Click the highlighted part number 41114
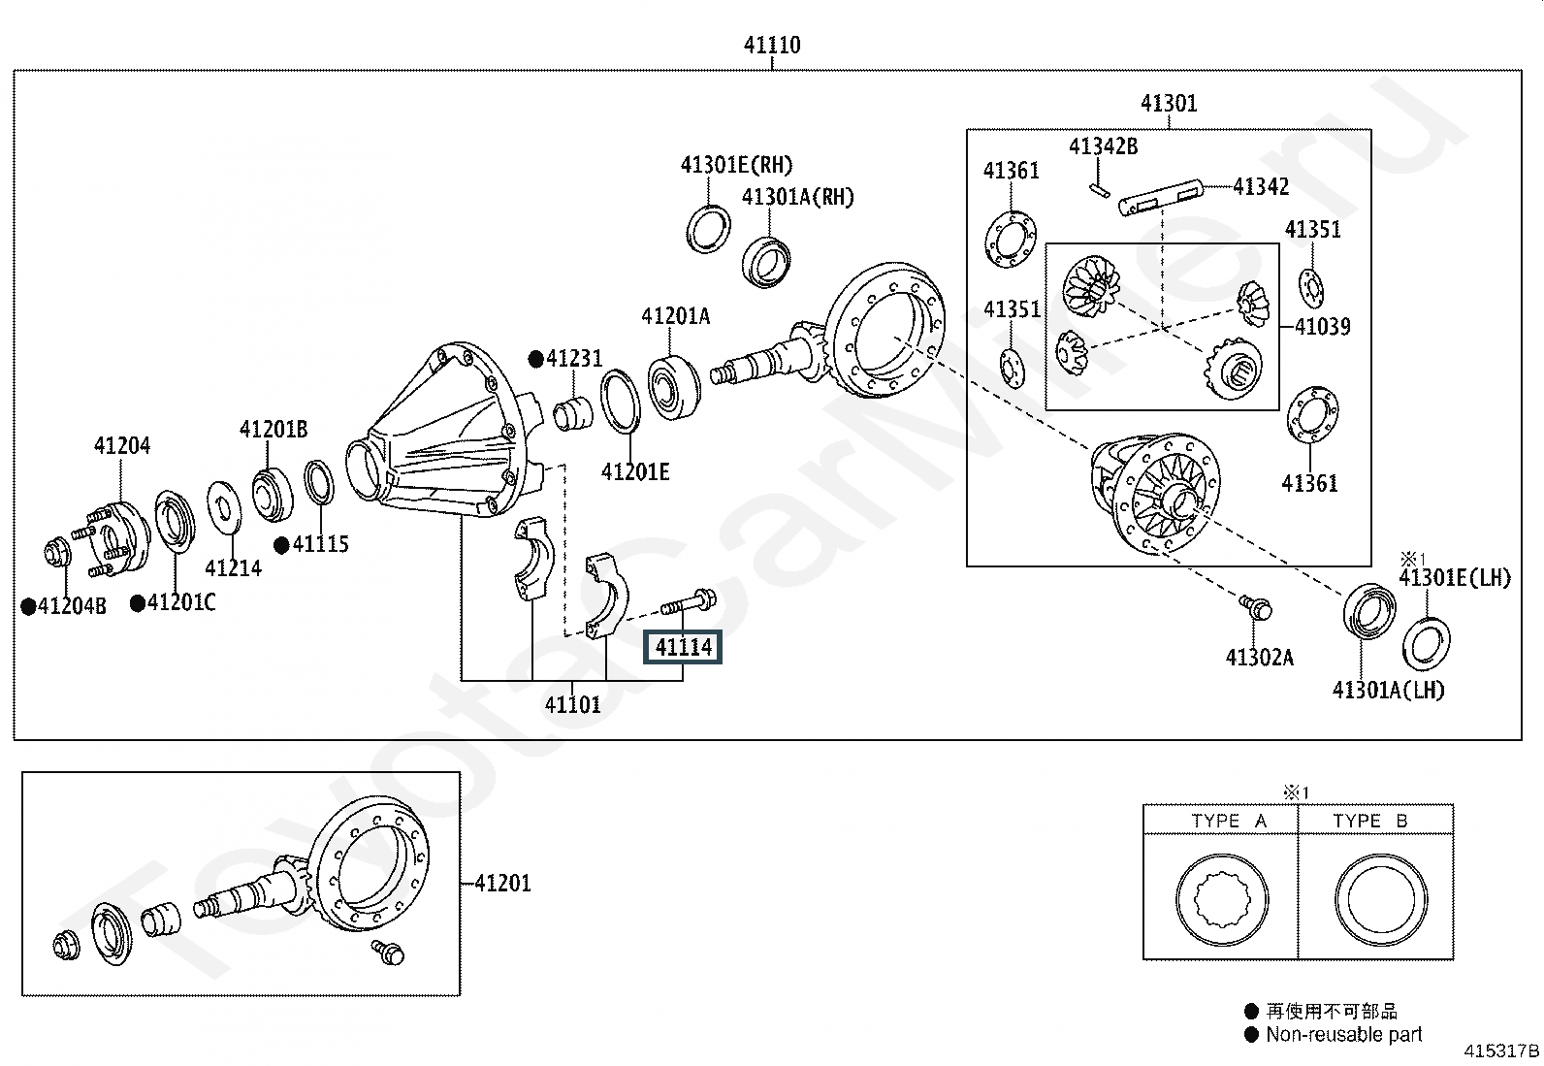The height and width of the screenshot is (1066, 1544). pyautogui.click(x=683, y=647)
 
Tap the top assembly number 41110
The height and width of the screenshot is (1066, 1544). pyautogui.click(x=772, y=46)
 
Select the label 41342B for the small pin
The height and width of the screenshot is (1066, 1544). pyautogui.click(x=1103, y=146)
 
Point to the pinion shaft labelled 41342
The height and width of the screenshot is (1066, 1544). pyautogui.click(x=1161, y=198)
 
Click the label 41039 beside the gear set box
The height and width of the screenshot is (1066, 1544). pyautogui.click(x=1322, y=326)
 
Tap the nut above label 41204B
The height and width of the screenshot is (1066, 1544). pyautogui.click(x=56, y=553)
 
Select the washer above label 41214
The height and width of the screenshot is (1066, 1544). pyautogui.click(x=224, y=506)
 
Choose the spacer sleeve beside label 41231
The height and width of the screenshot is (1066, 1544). pyautogui.click(x=573, y=413)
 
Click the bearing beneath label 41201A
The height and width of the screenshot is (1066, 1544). pyautogui.click(x=673, y=387)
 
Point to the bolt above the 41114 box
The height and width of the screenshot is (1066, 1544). pyautogui.click(x=688, y=602)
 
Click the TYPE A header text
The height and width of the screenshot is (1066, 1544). pyautogui.click(x=1229, y=821)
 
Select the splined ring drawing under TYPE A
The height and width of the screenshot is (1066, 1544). pyautogui.click(x=1221, y=900)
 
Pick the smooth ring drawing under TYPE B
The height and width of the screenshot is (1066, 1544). pyautogui.click(x=1381, y=900)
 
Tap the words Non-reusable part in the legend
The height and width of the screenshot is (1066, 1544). pyautogui.click(x=1343, y=1034)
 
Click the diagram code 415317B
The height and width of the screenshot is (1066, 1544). pyautogui.click(x=1501, y=1050)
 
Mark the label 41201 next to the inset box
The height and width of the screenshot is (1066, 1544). pyautogui.click(x=502, y=884)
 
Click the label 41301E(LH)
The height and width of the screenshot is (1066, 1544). pyautogui.click(x=1455, y=577)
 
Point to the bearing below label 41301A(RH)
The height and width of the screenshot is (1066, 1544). pyautogui.click(x=766, y=261)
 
